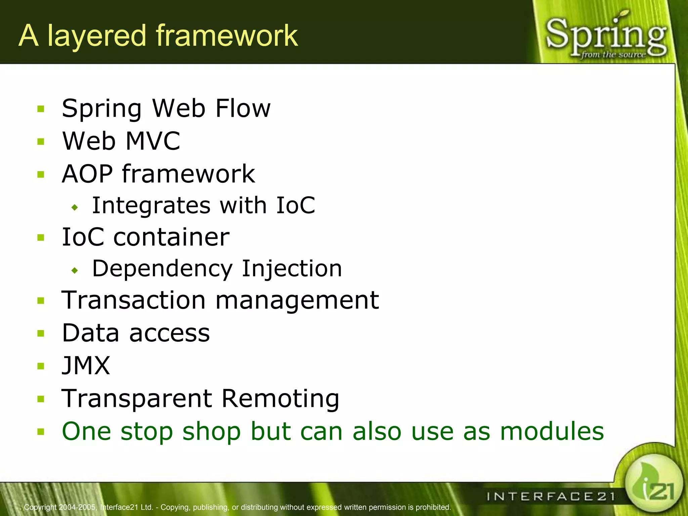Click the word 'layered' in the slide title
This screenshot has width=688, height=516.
(x=97, y=36)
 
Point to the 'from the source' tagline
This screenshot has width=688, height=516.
(x=613, y=55)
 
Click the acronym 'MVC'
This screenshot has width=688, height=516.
(x=153, y=141)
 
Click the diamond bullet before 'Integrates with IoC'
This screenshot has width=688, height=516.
(x=75, y=208)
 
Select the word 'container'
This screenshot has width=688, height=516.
(x=171, y=237)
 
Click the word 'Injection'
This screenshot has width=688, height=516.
(x=292, y=269)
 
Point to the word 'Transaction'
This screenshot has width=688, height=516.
(x=133, y=300)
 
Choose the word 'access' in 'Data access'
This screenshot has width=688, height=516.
(x=170, y=333)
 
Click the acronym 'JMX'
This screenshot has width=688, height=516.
(x=86, y=365)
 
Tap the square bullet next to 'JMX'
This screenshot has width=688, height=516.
(x=41, y=366)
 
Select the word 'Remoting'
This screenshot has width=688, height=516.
(x=281, y=398)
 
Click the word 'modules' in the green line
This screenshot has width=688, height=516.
(x=552, y=431)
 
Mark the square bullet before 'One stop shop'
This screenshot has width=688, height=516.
(x=41, y=432)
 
